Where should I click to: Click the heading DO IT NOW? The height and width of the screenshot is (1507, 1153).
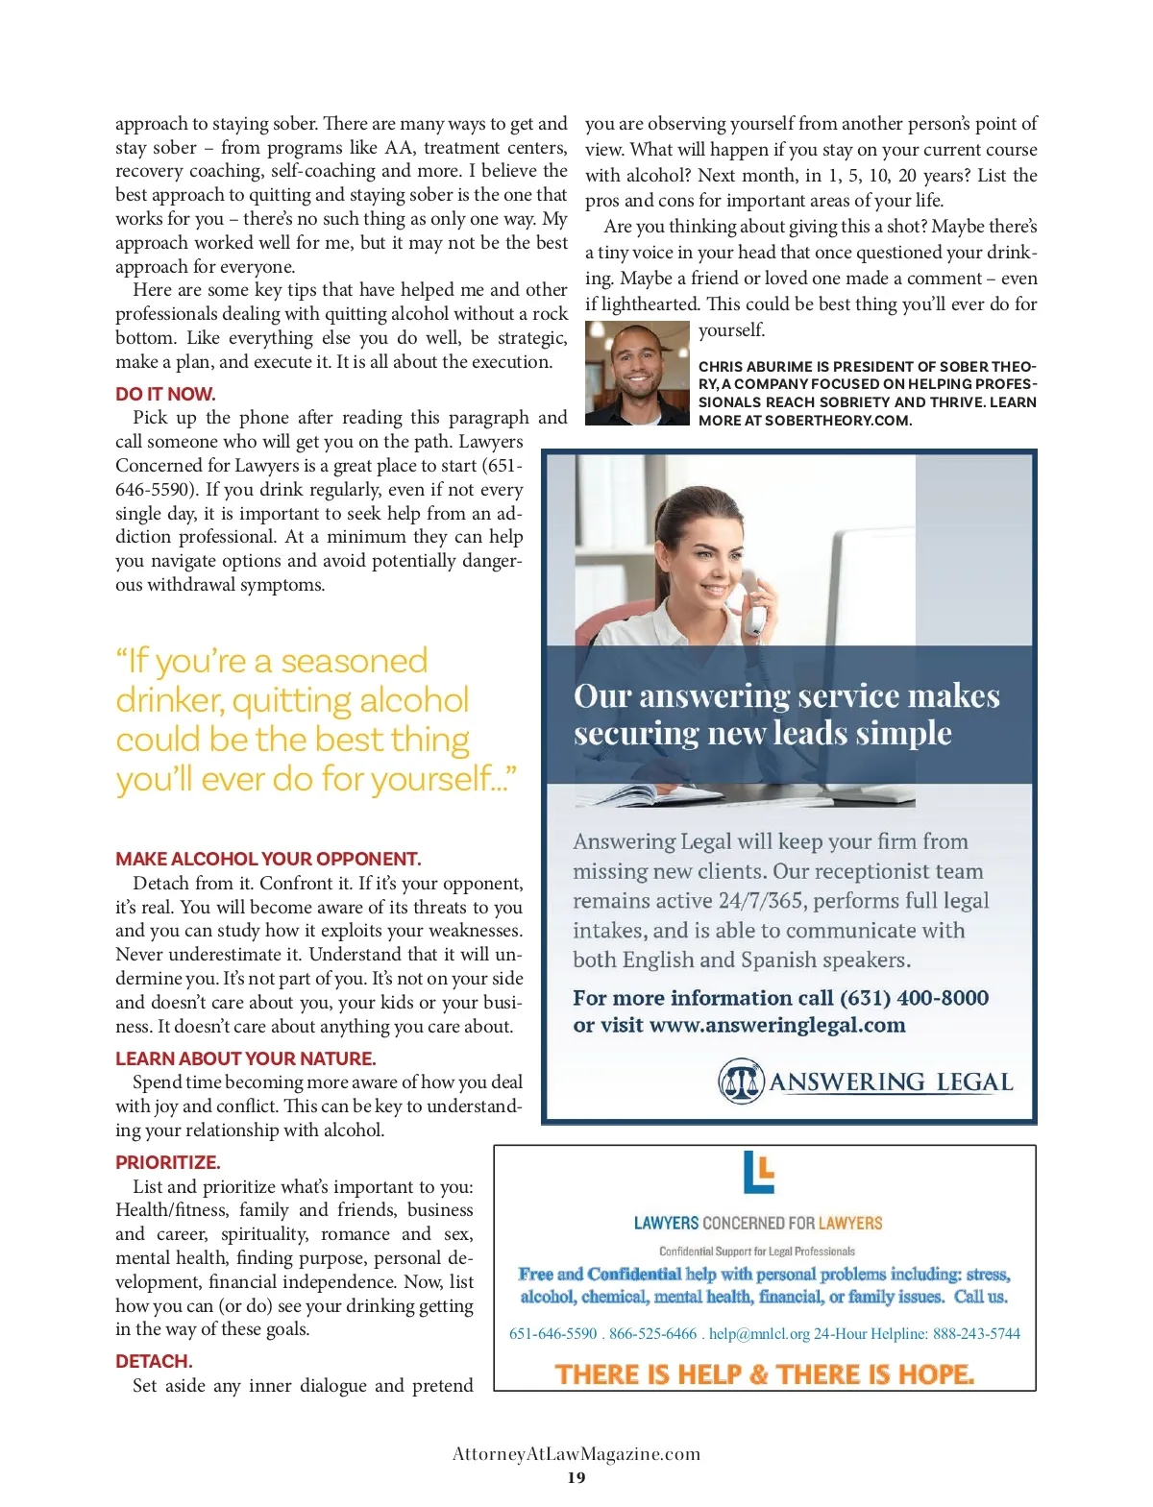click(x=165, y=394)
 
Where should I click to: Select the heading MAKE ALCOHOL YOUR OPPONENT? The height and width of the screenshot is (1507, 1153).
click(x=268, y=859)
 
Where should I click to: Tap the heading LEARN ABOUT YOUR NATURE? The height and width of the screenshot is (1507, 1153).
click(x=245, y=1058)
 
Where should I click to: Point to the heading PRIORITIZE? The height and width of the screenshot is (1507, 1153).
click(x=168, y=1162)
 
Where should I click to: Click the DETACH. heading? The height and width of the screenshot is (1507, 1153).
click(x=154, y=1361)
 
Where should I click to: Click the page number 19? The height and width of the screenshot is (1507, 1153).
click(x=576, y=1477)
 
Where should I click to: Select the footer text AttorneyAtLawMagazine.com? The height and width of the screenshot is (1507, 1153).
click(x=576, y=1453)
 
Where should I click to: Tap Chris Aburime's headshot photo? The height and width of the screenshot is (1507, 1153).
click(x=636, y=373)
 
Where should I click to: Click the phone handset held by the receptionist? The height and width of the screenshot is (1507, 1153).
click(x=756, y=609)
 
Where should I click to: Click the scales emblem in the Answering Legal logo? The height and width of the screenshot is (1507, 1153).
click(x=740, y=1082)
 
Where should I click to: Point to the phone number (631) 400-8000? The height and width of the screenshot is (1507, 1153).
click(x=914, y=998)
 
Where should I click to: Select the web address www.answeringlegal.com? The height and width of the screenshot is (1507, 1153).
click(x=777, y=1025)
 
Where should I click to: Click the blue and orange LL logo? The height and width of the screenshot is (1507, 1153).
click(x=758, y=1172)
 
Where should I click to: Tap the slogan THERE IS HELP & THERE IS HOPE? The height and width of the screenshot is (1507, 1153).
click(x=765, y=1374)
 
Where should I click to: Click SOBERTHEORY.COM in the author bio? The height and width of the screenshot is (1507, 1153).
click(x=837, y=421)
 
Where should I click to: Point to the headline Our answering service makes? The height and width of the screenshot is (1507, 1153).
click(x=786, y=695)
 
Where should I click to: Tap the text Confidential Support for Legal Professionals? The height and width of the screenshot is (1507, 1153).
click(x=757, y=1251)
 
